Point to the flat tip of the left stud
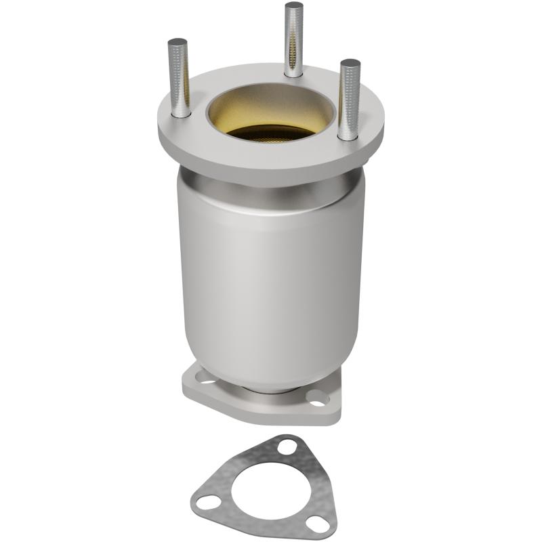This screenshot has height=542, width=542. (x=178, y=42)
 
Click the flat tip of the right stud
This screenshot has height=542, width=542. (x=350, y=63)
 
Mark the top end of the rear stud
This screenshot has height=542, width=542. (x=294, y=5)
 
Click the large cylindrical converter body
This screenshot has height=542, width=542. (x=271, y=271)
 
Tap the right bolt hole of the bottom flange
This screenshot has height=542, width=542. (x=316, y=398)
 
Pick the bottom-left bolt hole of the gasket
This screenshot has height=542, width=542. (x=209, y=502)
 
